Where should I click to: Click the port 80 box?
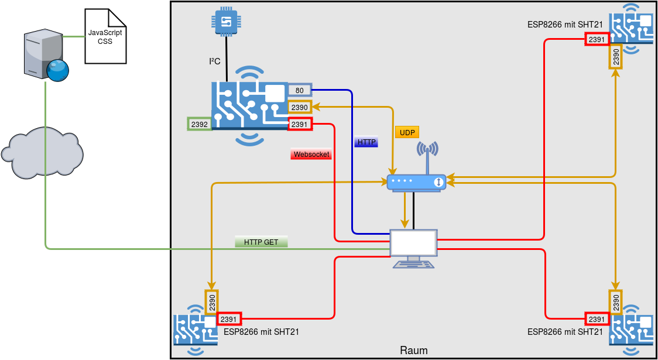[x=299, y=90]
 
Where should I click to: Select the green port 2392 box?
[x=199, y=124]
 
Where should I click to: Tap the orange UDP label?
[x=407, y=133]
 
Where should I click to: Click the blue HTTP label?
[x=366, y=142]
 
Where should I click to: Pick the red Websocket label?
[x=311, y=155]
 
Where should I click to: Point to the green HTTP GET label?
[x=261, y=242]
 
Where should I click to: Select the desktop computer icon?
[x=414, y=249]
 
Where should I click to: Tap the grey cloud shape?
[x=42, y=152]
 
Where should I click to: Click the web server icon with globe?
[x=46, y=57]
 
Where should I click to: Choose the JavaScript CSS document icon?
[x=105, y=36]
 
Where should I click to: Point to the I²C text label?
[x=215, y=61]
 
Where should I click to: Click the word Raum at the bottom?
[x=413, y=351]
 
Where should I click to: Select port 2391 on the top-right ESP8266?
[x=597, y=39]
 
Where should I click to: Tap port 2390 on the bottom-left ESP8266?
[x=211, y=302]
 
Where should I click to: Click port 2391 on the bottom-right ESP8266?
[x=597, y=319]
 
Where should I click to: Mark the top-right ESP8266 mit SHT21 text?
[x=565, y=25]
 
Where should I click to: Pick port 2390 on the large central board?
[x=299, y=107]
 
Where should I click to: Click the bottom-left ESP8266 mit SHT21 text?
[x=262, y=332]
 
